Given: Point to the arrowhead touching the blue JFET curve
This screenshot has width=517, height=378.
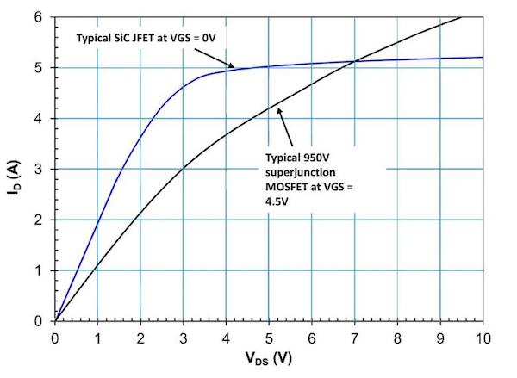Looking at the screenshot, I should coord(232,66).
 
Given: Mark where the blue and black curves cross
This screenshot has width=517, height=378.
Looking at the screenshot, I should coord(354,61).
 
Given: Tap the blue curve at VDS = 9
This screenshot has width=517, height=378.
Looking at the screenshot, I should coord(439,59).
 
